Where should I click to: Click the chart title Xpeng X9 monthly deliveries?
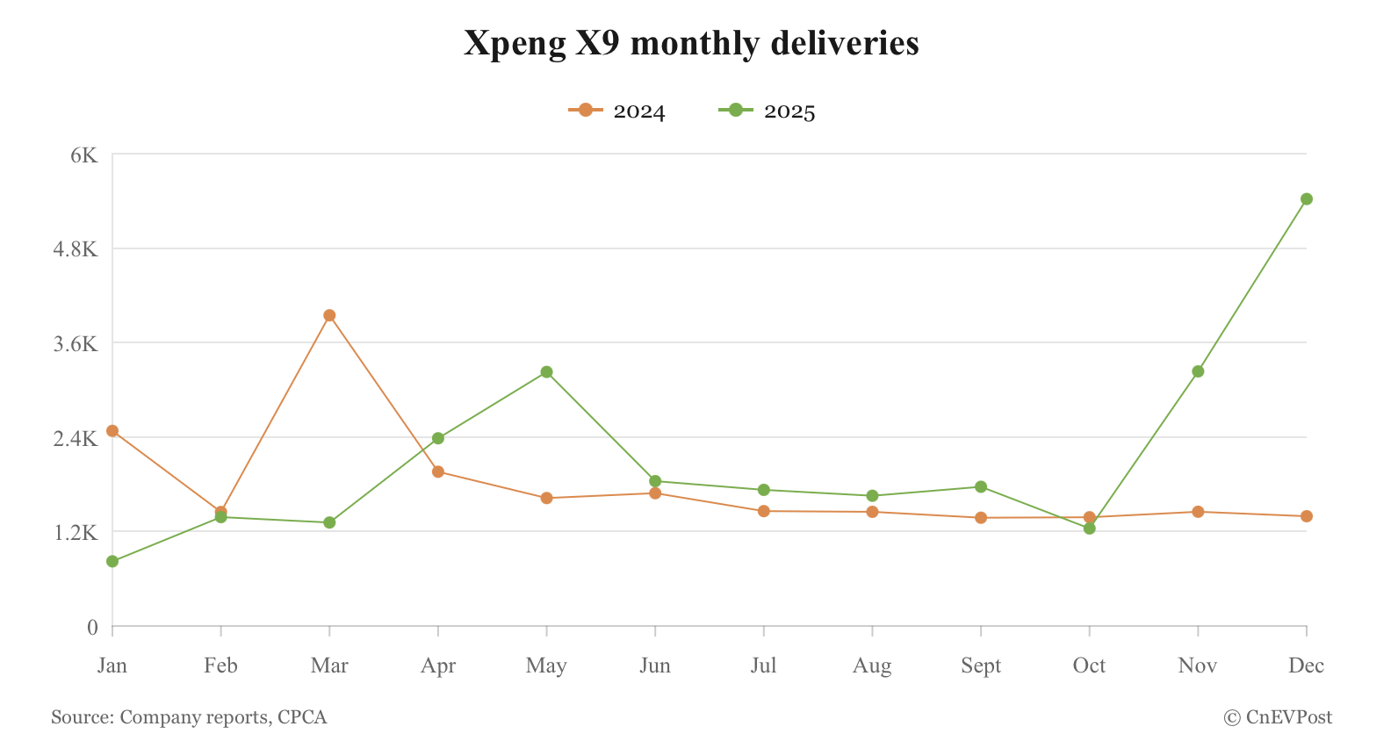691,43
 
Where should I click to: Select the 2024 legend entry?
617,111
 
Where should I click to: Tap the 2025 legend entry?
768,111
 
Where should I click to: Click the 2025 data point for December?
1306,199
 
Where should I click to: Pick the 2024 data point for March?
329,315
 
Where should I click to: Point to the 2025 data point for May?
546,372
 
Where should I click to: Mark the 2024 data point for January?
112,431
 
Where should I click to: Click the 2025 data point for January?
112,561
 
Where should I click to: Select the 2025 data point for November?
1198,371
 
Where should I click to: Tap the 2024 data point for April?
438,471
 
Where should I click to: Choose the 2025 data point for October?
1089,529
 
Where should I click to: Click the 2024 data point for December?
1306,516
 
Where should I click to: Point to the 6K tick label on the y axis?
84,155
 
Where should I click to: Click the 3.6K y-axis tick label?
76,343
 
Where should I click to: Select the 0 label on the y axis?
92,627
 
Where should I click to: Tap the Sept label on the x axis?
981,665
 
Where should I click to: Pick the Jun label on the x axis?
655,665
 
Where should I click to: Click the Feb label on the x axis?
220,665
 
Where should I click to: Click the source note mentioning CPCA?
189,717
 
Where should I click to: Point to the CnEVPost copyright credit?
1278,717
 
